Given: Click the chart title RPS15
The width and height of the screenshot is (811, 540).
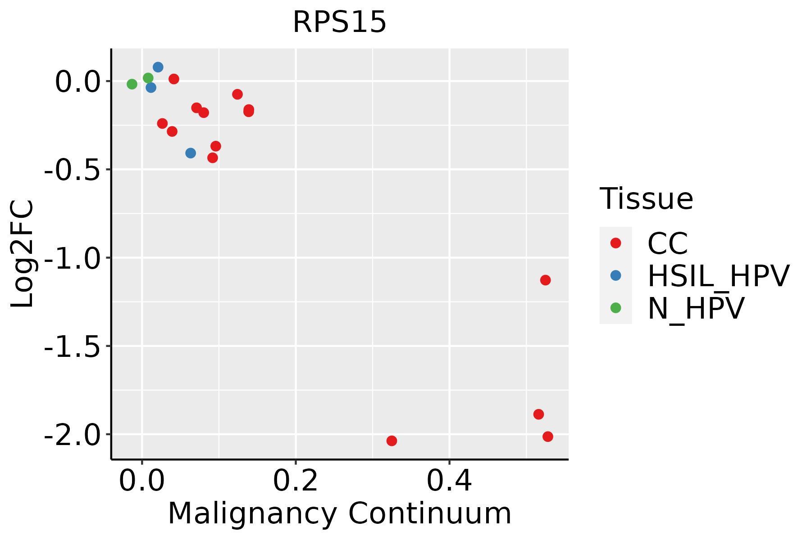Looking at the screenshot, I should pyautogui.click(x=339, y=22).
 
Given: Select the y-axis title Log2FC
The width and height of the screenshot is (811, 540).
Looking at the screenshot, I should pyautogui.click(x=23, y=254).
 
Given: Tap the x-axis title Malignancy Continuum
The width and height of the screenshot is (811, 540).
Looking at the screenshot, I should pyautogui.click(x=339, y=513).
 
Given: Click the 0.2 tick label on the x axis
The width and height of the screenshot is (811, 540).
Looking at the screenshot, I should pyautogui.click(x=296, y=481).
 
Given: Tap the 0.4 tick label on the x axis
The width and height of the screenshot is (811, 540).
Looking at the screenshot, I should pyautogui.click(x=449, y=481).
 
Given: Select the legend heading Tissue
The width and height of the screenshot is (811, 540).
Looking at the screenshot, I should pyautogui.click(x=646, y=198).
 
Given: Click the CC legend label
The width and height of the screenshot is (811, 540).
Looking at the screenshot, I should pyautogui.click(x=667, y=243).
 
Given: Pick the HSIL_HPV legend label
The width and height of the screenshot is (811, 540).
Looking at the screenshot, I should pyautogui.click(x=718, y=276).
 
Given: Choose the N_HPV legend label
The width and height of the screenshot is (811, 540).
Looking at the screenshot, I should pyautogui.click(x=696, y=308).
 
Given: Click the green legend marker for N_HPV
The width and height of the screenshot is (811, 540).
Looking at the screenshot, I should pyautogui.click(x=615, y=308).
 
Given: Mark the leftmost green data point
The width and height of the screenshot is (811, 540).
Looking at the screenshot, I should pyautogui.click(x=132, y=84).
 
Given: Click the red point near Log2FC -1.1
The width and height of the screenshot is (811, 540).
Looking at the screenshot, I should pyautogui.click(x=545, y=280).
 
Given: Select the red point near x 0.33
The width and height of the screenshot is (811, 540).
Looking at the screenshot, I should pyautogui.click(x=392, y=441).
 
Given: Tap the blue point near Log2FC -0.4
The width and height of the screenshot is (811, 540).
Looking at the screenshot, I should pyautogui.click(x=191, y=153).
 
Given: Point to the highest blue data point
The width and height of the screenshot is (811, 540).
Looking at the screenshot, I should pyautogui.click(x=158, y=67).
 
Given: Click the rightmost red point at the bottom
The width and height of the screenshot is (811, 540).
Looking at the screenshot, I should pyautogui.click(x=547, y=436).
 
